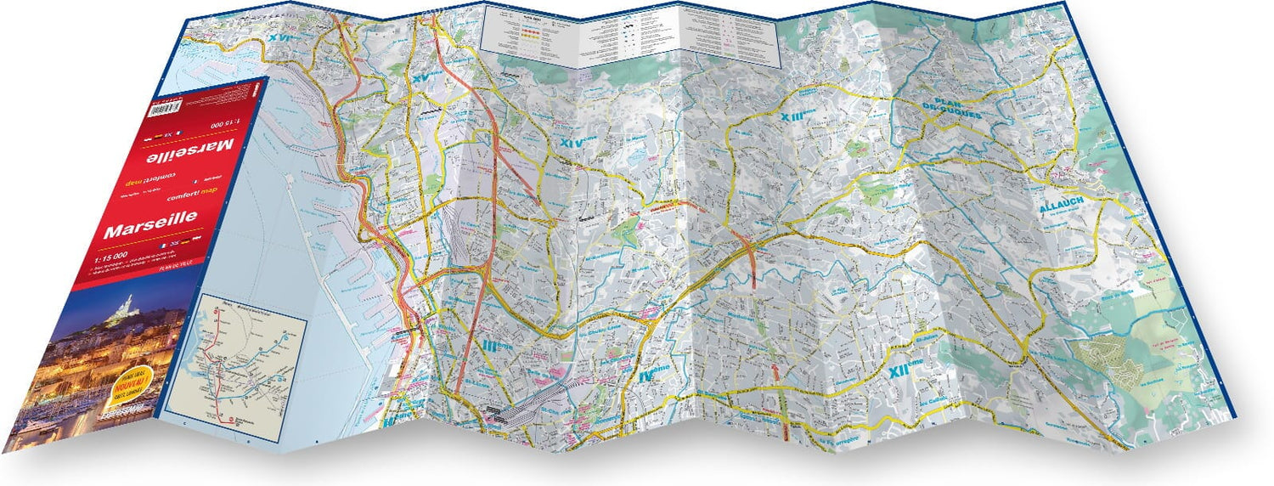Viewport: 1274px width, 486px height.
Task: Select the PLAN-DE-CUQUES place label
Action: pos(951,110)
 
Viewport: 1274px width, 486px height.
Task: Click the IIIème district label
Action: pos(495,346)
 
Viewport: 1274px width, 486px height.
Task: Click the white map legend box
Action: pos(630,35)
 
